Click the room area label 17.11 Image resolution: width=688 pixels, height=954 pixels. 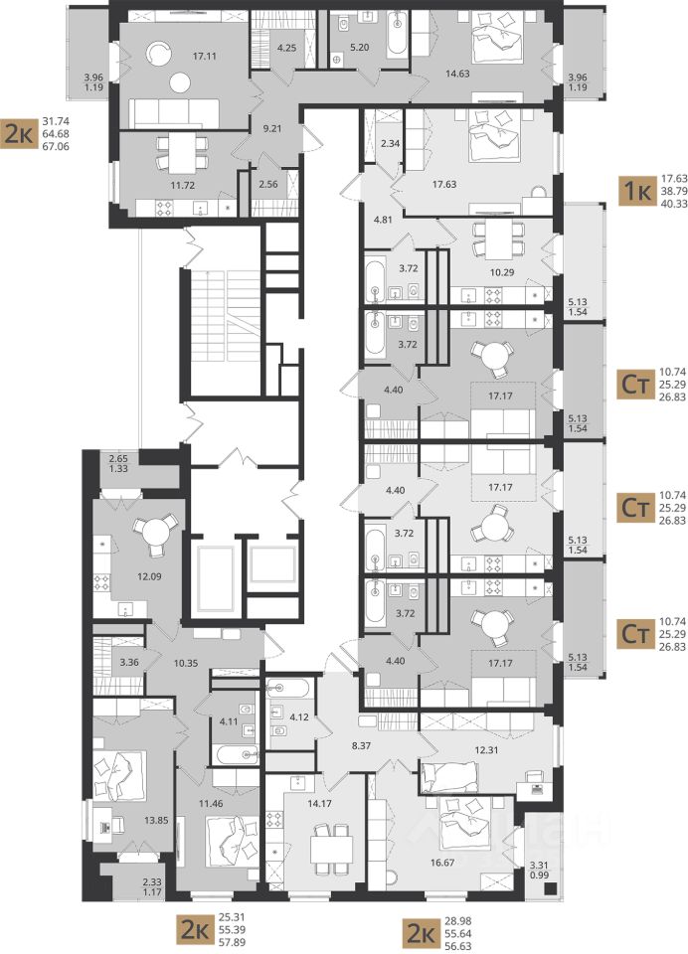205,56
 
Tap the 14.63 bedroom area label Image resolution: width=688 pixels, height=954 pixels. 457,74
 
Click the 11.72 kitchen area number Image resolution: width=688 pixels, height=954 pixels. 182,185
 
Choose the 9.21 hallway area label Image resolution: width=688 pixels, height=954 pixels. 268,129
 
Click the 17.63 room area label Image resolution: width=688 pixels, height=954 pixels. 444,184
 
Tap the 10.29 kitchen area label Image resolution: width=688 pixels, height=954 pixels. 502,272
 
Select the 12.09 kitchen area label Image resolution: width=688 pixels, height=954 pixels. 149,575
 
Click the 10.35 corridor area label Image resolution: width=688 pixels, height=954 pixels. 186,663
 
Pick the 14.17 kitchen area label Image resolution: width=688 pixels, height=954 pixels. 320,803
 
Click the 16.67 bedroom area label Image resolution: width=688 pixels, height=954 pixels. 442,862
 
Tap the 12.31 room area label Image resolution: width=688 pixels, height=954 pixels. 486,749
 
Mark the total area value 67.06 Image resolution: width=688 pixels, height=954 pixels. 57,147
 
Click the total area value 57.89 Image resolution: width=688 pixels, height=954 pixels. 232,942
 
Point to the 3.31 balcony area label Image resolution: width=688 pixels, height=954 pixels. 540,865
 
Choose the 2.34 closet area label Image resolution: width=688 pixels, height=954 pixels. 389,143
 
